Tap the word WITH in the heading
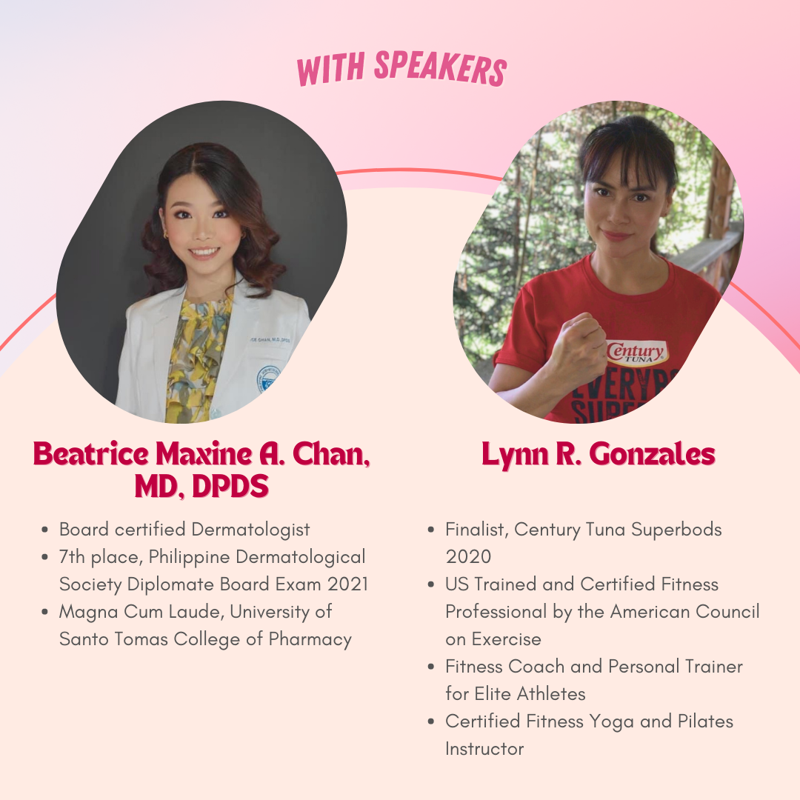(x=330, y=70)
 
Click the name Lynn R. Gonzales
(x=599, y=455)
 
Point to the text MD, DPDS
(x=201, y=486)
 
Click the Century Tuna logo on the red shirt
(x=636, y=352)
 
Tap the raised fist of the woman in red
(x=581, y=346)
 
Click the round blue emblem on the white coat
(x=268, y=378)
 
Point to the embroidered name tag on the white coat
(x=270, y=339)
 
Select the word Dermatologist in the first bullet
(x=250, y=530)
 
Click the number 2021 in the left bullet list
(x=348, y=584)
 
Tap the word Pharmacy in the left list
(x=310, y=640)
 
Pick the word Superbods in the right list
(x=676, y=530)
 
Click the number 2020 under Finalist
(x=468, y=556)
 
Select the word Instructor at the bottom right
(x=484, y=749)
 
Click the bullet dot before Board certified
(x=45, y=530)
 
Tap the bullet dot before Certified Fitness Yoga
(x=431, y=722)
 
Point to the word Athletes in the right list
(x=551, y=694)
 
